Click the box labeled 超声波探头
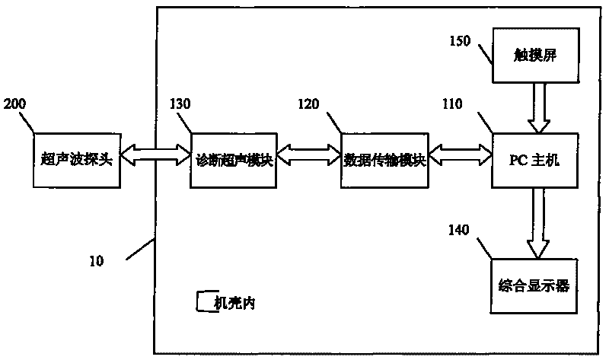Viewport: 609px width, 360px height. point(77,161)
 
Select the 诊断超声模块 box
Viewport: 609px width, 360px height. point(234,161)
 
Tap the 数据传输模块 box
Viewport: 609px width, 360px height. point(384,161)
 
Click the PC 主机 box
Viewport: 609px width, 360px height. point(535,161)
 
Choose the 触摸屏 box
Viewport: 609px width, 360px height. point(536,55)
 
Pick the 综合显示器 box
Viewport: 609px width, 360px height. point(534,286)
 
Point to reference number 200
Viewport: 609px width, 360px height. point(14,104)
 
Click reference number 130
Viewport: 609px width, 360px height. point(180,104)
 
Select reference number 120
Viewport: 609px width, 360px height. point(308,104)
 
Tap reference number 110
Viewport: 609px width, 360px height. point(452,104)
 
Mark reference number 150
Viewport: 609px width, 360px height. point(460,41)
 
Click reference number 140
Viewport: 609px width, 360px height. point(459,230)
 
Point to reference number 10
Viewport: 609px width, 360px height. point(97,260)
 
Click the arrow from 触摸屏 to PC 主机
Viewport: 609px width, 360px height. point(539,108)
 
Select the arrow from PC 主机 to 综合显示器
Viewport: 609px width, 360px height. point(538,223)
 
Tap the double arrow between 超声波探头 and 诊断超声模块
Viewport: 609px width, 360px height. point(155,155)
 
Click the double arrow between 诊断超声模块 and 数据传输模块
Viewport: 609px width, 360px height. point(309,155)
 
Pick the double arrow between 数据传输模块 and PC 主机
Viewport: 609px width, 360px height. point(461,155)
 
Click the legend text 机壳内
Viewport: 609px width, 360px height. point(234,302)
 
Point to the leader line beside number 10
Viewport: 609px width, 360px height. point(141,249)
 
